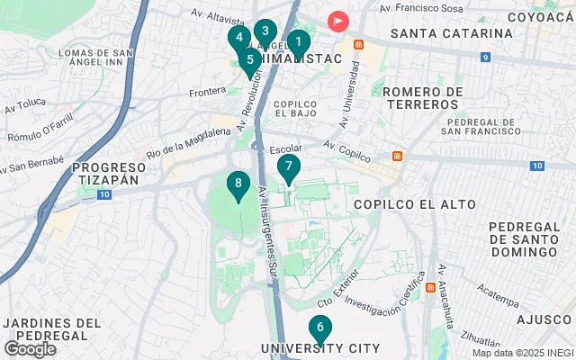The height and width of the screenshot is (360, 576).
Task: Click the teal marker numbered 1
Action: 298,41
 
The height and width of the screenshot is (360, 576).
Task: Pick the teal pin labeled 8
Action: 238,184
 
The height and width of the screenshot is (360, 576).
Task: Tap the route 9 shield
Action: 485,57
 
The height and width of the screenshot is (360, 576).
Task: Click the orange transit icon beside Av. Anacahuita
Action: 430,288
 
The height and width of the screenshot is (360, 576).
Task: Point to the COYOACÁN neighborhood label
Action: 540,16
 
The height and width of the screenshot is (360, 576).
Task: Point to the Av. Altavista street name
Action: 218,15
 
